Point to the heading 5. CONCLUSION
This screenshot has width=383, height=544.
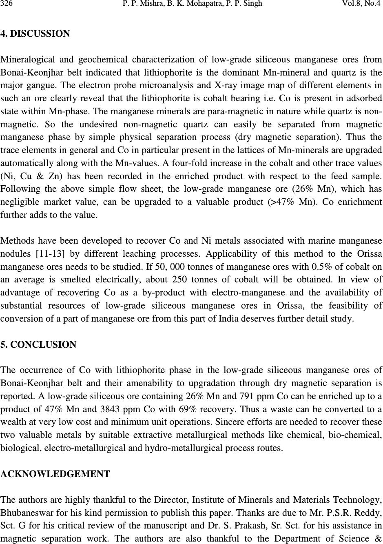pos(38,345)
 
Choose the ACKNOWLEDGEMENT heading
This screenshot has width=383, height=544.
pos(55,474)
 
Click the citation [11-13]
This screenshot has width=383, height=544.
pos(49,254)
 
